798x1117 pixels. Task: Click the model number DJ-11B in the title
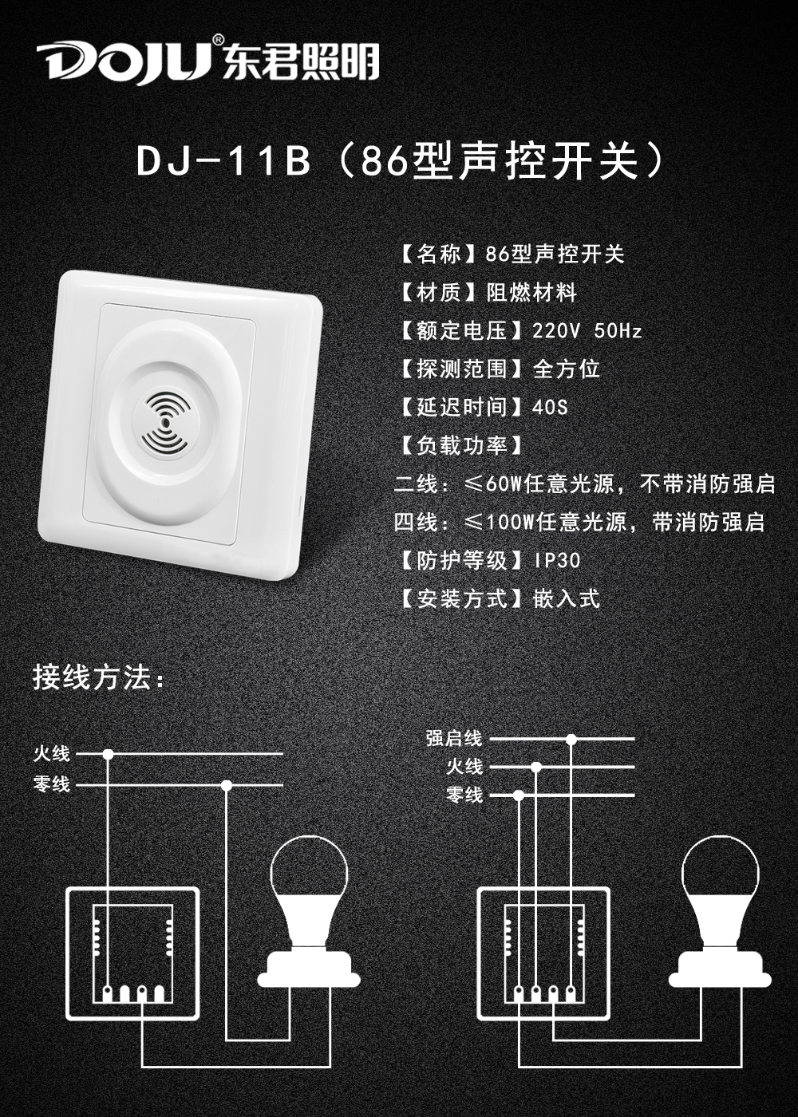[x=224, y=161]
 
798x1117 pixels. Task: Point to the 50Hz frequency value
[x=618, y=331]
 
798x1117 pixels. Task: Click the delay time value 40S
[x=550, y=408]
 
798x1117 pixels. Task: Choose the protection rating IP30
[x=557, y=560]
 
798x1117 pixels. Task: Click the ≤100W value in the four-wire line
[x=498, y=522]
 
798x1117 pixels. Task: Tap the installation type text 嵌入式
[x=566, y=598]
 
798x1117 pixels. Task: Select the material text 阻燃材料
[x=531, y=293]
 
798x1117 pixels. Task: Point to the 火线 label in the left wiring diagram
[x=52, y=753]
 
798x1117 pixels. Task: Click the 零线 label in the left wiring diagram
[x=52, y=784]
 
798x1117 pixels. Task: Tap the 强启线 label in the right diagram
[x=454, y=739]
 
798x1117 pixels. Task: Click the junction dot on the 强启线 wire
[x=571, y=739]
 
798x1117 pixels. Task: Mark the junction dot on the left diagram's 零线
[x=227, y=785]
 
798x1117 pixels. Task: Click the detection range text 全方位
[x=566, y=369]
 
